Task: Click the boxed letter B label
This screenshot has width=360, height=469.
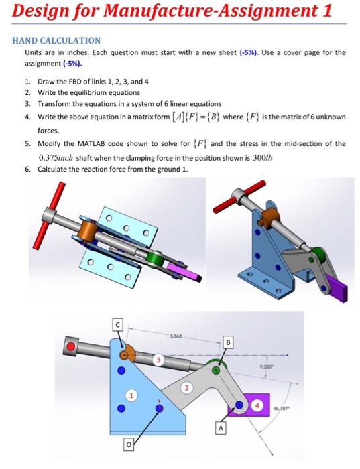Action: point(227,342)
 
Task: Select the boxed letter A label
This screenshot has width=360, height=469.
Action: point(219,426)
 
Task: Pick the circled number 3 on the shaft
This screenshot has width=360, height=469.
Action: point(158,360)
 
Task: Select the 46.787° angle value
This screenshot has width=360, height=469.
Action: point(283,407)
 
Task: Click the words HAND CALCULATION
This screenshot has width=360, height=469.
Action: point(57,40)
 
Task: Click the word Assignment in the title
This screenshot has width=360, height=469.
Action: point(267,11)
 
